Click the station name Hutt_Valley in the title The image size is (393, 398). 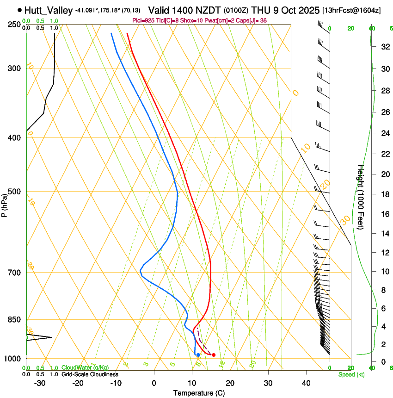pyautogui.click(x=48, y=10)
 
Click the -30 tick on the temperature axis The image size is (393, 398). pyautogui.click(x=40, y=383)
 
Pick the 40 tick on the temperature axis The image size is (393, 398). pyautogui.click(x=306, y=383)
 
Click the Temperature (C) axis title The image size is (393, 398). pyautogui.click(x=199, y=393)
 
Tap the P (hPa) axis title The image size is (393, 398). pyautogui.click(x=4, y=204)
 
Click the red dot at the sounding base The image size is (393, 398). pyautogui.click(x=213, y=355)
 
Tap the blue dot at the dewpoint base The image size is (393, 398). pyautogui.click(x=198, y=355)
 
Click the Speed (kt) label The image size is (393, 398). pyautogui.click(x=351, y=374)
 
